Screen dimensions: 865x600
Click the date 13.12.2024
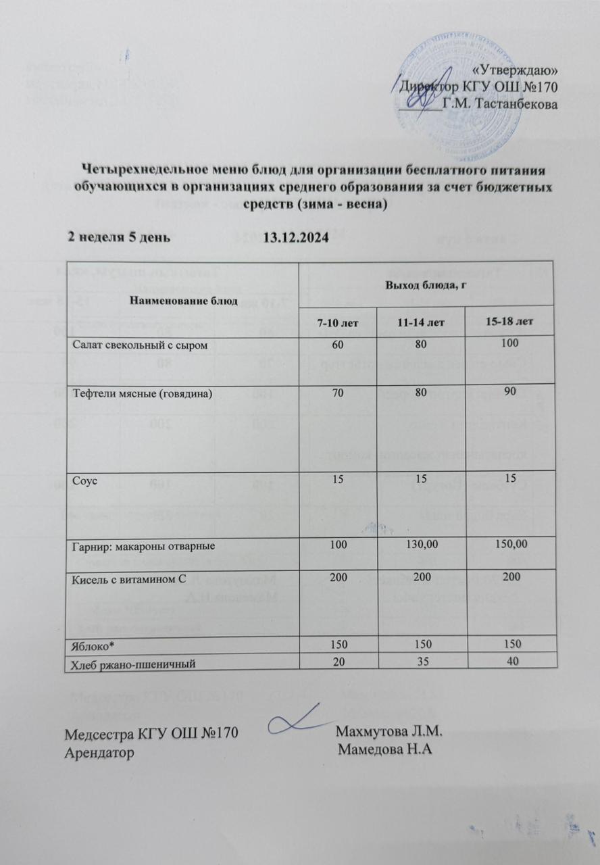[x=295, y=237]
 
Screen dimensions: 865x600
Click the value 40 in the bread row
[x=513, y=660]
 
